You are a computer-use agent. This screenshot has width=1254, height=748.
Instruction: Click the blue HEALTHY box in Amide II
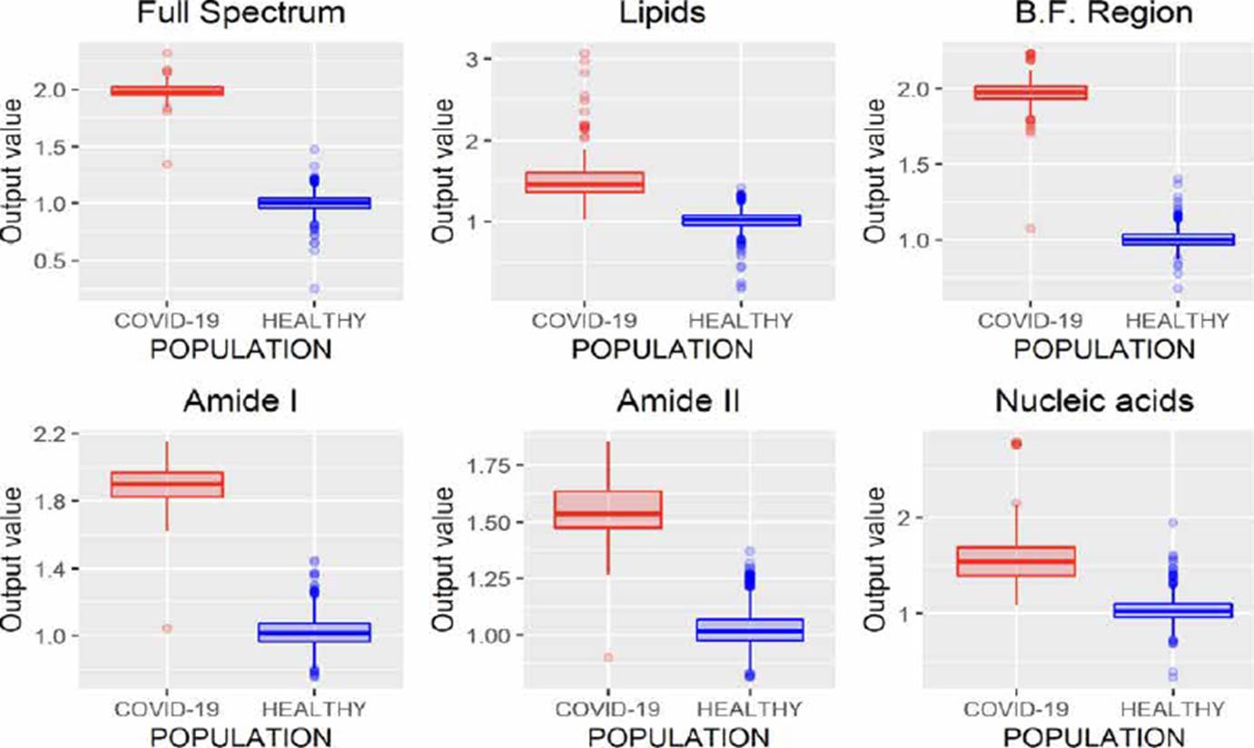750,630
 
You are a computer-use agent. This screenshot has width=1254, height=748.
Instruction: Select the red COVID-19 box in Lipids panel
583,182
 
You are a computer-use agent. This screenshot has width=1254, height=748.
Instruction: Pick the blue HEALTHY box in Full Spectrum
313,203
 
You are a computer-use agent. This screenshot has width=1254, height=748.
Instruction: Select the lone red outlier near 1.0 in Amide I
168,628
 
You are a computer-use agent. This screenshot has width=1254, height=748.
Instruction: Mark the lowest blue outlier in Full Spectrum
313,289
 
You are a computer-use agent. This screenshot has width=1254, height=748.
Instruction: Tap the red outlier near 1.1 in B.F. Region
1031,228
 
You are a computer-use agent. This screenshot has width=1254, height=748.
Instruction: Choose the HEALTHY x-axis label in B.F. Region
1176,320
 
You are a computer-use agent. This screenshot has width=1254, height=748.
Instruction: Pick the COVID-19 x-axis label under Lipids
583,320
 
